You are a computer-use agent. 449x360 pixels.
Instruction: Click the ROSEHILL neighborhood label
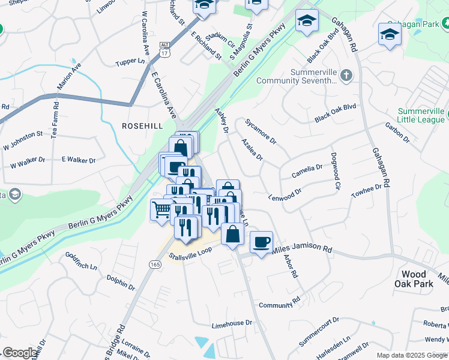pos(142,125)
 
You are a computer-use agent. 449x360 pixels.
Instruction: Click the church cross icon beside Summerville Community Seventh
pos(346,76)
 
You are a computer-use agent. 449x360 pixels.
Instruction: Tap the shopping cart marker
pos(161,209)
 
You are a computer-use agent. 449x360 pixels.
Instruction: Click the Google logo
pos(20,353)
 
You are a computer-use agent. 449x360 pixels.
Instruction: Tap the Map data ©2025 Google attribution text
pos(412,355)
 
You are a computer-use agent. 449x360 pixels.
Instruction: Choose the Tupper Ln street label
pos(130,62)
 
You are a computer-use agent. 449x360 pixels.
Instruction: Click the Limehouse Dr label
pos(232,323)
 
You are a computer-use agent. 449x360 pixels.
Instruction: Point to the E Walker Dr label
pos(79,160)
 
